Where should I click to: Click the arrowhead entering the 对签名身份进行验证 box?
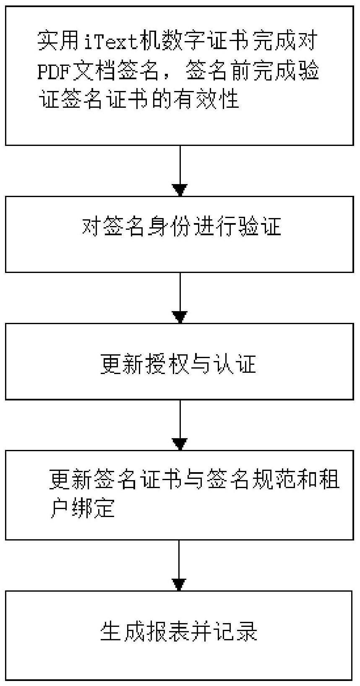tap(180, 190)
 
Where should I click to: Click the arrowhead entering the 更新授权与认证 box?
tap(180, 317)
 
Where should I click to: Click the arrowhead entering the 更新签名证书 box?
tap(180, 444)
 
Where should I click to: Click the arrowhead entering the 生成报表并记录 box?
tap(179, 585)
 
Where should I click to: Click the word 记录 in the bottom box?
tap(235, 631)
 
